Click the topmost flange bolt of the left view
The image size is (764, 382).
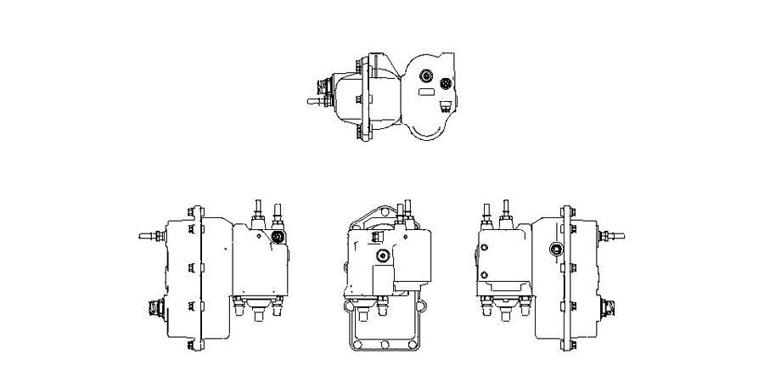pos(194,211)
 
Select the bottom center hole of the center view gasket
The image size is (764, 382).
pos(385,345)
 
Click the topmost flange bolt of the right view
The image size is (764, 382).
pos(565,211)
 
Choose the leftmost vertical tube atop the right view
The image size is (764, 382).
pos(486,212)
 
